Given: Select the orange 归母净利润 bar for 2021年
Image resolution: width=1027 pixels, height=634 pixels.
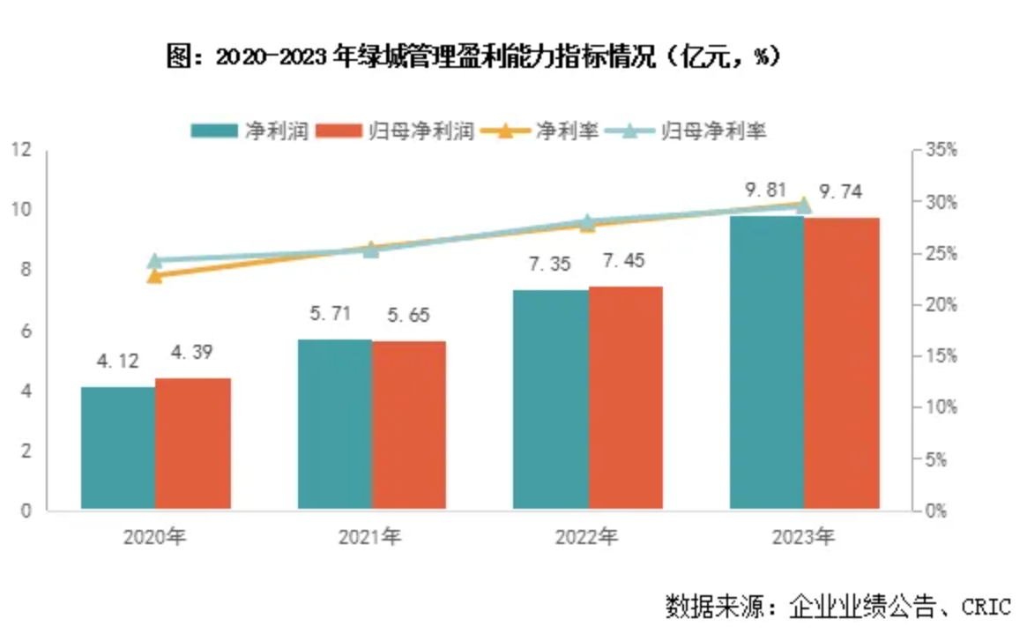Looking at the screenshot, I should (409, 424).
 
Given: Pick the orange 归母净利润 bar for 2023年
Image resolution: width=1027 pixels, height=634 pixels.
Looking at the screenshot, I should (842, 362).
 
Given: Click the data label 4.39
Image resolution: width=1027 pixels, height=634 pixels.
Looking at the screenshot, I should (191, 352).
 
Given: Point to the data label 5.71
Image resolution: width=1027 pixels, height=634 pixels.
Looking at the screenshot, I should (333, 315).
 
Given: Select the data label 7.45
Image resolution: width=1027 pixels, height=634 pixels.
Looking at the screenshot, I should (626, 261).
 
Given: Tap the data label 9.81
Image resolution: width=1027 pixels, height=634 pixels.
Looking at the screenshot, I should (766, 190).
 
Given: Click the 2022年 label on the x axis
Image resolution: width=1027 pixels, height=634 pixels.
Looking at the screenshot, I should (586, 536).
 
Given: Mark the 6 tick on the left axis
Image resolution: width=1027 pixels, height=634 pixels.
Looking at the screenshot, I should (25, 331).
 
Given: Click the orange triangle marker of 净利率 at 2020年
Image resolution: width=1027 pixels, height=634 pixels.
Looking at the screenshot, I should (155, 275).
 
